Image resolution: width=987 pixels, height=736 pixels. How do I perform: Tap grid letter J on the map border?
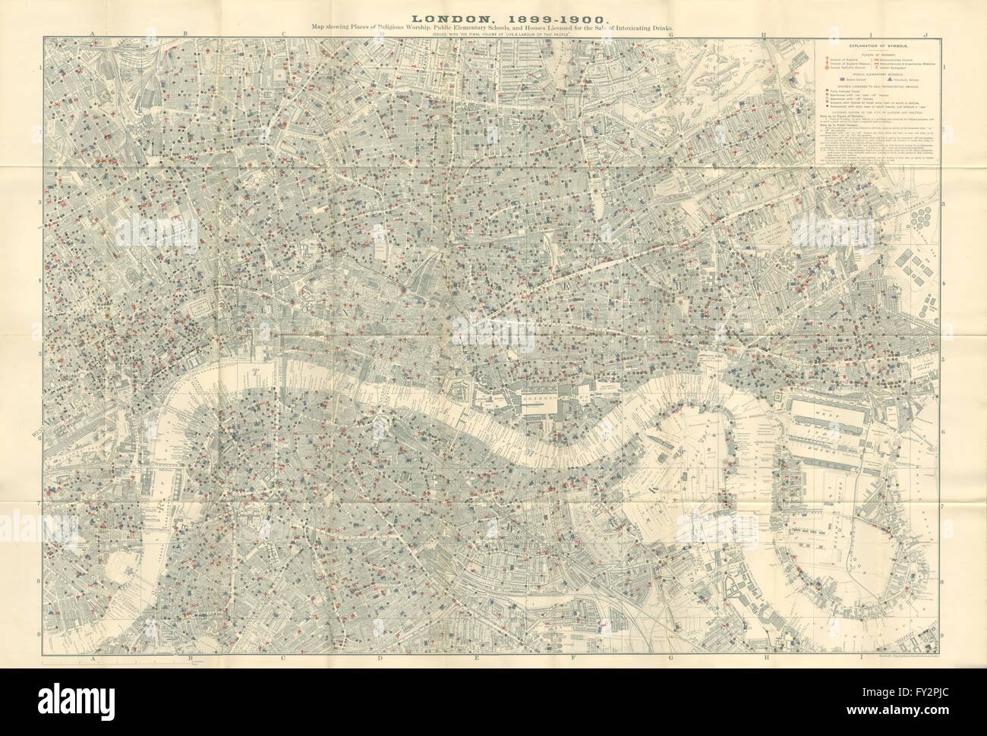pos(926,35)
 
